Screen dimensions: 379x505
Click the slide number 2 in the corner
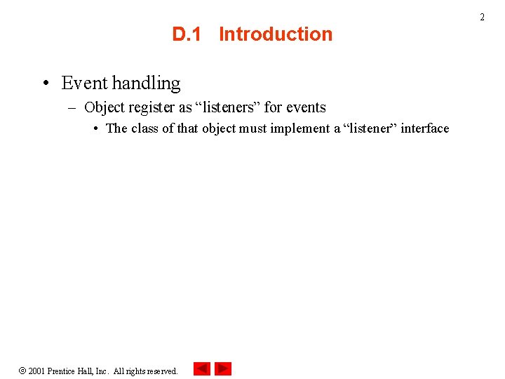(482, 17)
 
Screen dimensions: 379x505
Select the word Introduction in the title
(276, 34)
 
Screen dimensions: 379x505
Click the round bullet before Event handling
(45, 84)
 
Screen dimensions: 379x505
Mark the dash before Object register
(72, 107)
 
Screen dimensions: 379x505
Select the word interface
(424, 128)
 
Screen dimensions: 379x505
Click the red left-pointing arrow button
(201, 368)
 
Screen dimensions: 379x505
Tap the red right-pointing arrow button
(223, 368)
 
